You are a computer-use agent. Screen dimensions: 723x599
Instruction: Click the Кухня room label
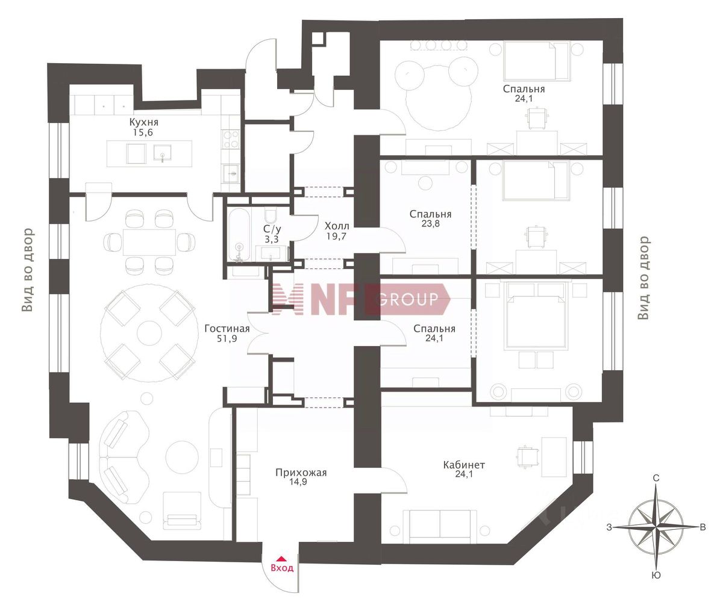pos(144,122)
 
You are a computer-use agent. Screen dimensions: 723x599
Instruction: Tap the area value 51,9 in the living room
pos(227,338)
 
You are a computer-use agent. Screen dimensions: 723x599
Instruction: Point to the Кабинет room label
pos(464,465)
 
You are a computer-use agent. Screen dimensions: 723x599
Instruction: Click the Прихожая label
pos(301,473)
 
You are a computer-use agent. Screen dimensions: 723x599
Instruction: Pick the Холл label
pos(337,226)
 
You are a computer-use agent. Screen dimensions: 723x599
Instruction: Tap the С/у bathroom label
pos(272,229)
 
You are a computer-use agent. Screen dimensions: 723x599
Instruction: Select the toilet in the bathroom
pos(269,215)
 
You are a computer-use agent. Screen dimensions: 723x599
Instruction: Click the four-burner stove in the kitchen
pos(231,138)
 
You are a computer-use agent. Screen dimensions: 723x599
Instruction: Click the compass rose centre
pos(656,527)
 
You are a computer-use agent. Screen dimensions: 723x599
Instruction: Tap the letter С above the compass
pos(656,478)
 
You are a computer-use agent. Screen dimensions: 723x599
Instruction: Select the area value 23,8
pos(430,223)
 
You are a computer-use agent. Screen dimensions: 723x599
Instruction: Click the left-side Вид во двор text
pos(28,270)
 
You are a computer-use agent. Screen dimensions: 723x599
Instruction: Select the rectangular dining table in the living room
pos(149,242)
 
